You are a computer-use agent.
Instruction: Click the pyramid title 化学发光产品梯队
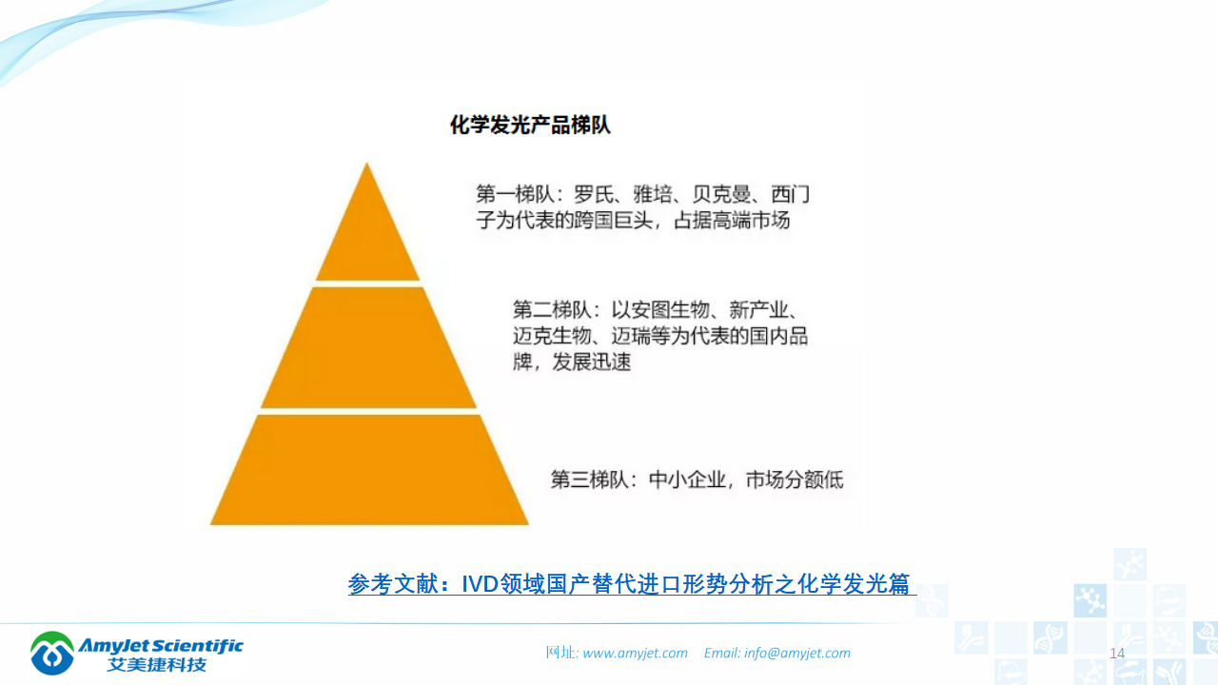530,126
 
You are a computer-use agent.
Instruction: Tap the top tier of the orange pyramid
367,238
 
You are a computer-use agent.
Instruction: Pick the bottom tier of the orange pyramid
369,471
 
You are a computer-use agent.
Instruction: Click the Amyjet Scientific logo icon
51,653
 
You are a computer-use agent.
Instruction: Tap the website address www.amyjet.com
635,653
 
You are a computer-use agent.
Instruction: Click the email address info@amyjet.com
797,653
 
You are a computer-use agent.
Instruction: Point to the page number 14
1117,653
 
